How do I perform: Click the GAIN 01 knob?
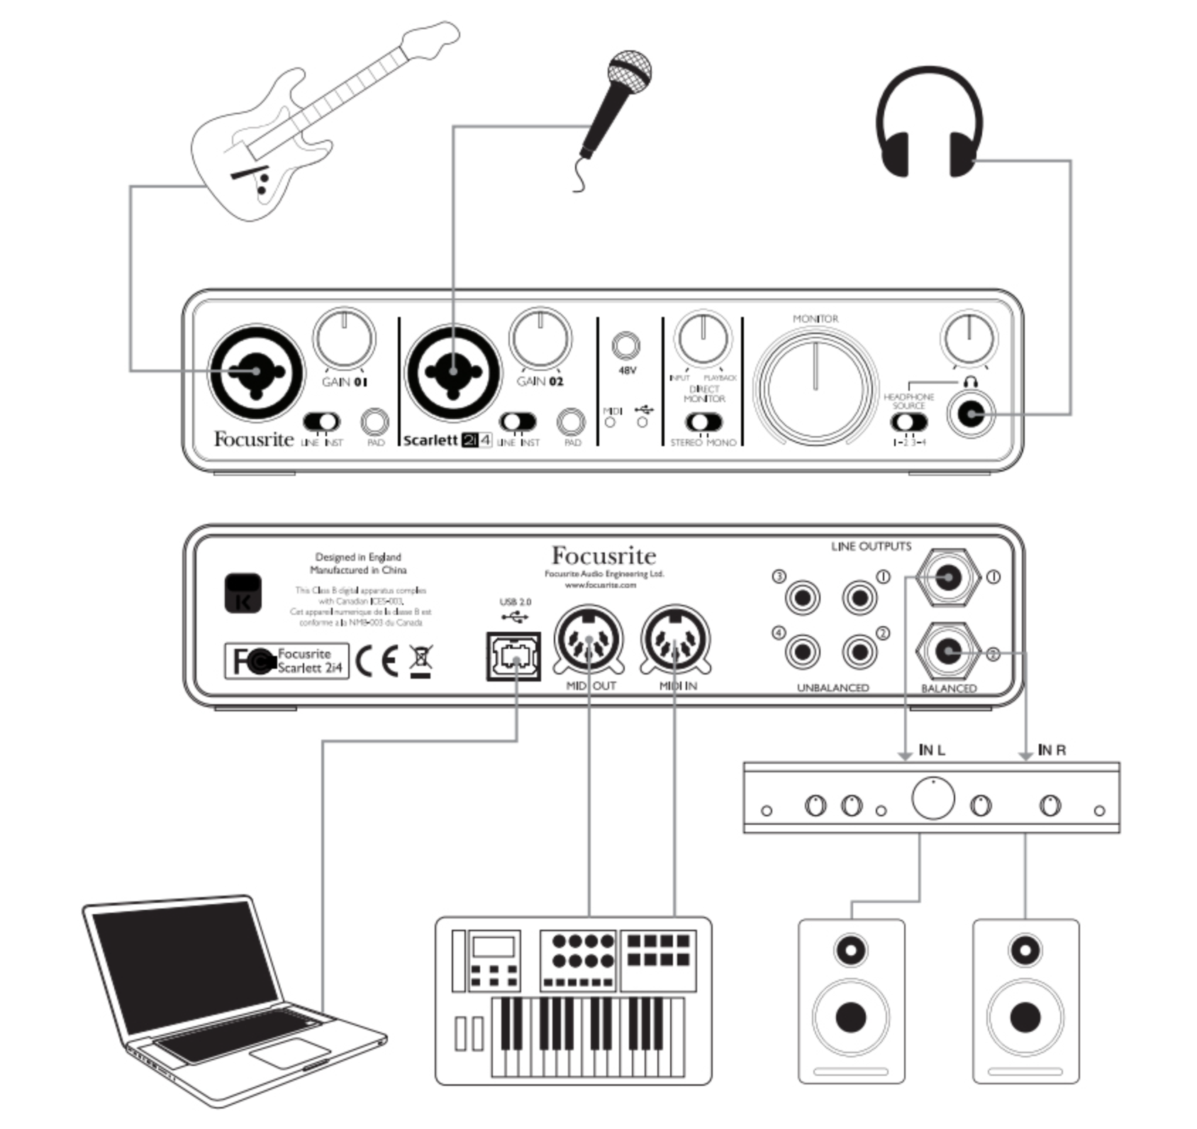tap(344, 338)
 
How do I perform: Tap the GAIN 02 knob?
tap(540, 338)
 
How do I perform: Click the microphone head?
tap(629, 71)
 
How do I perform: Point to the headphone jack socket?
tap(971, 414)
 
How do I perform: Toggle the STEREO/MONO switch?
tap(703, 422)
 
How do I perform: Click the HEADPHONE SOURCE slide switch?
tap(908, 422)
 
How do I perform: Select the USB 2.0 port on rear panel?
tap(513, 656)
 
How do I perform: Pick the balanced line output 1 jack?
tap(948, 577)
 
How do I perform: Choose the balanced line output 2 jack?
tap(948, 651)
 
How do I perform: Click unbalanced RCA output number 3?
tap(802, 597)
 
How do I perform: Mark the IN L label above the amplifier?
tap(931, 750)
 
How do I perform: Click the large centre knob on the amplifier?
tap(932, 799)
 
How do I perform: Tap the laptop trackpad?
tap(289, 1053)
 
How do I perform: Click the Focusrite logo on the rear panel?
tap(603, 555)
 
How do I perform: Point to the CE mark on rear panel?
tap(377, 660)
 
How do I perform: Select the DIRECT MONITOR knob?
tap(702, 338)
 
